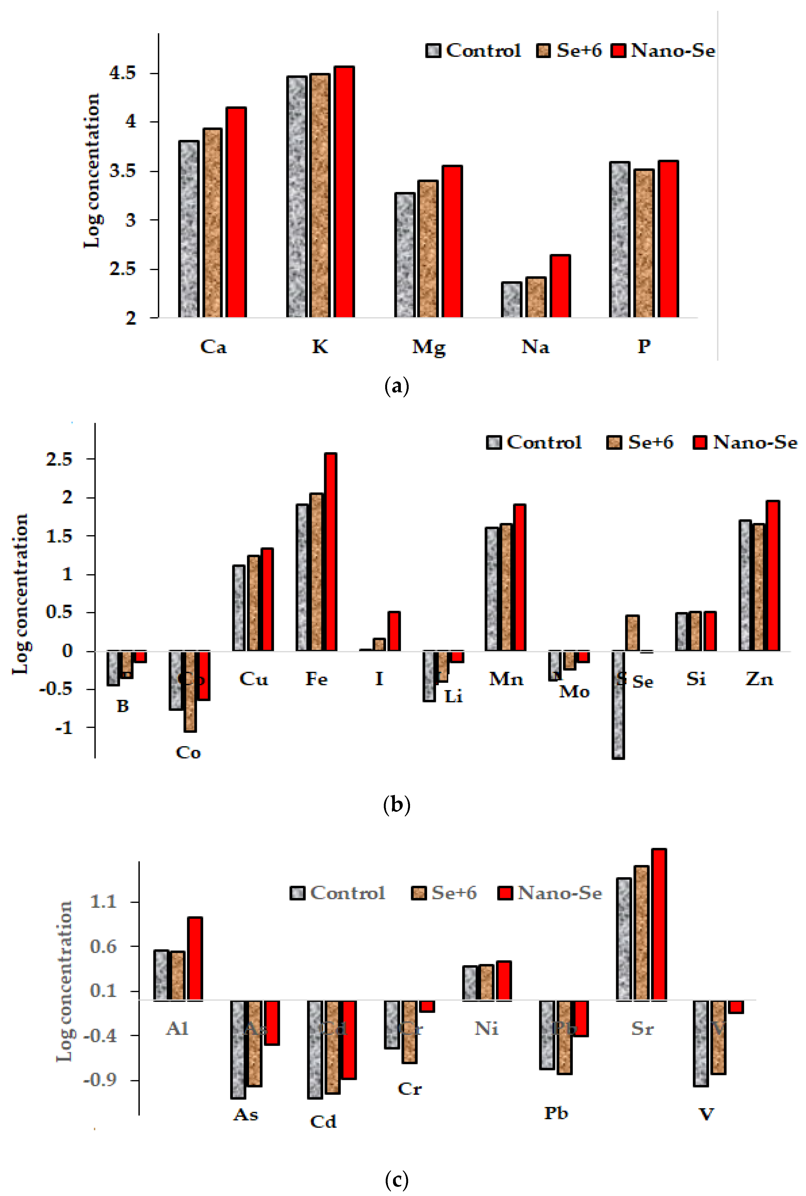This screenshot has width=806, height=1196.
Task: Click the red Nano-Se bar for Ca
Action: [x=236, y=212]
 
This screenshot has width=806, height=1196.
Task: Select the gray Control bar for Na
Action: [x=512, y=299]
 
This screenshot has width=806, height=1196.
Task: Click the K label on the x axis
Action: [x=320, y=347]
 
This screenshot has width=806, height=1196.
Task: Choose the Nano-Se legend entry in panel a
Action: [x=663, y=50]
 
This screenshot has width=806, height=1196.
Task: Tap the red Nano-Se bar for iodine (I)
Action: [x=394, y=631]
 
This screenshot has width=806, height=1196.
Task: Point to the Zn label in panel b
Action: [x=759, y=679]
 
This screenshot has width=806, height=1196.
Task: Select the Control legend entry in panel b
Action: [x=535, y=442]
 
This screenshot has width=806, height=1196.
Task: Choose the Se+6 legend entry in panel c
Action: [x=445, y=893]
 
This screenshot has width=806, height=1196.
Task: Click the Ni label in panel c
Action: [x=486, y=1029]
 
